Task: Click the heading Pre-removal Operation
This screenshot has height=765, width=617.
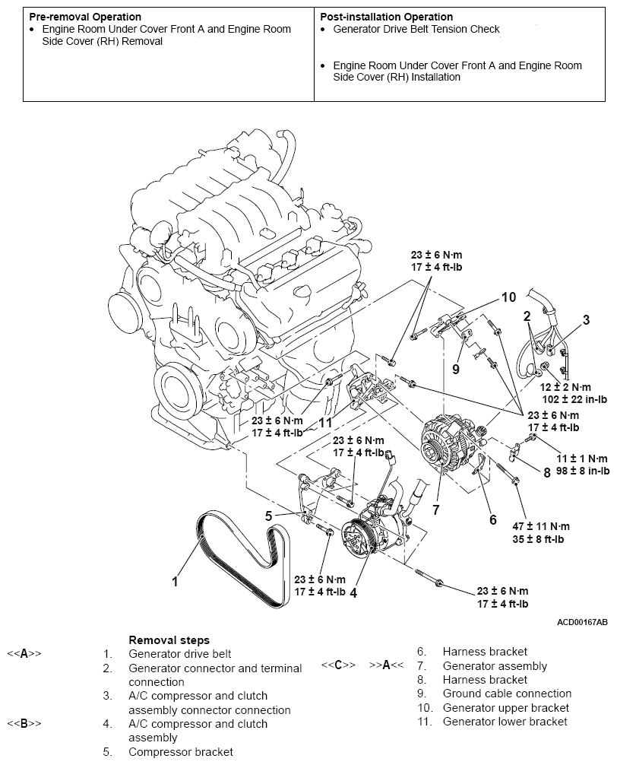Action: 84,17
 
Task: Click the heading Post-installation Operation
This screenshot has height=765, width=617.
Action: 386,17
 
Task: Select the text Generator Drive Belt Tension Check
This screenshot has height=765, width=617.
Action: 416,30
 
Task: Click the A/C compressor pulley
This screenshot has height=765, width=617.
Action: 356,538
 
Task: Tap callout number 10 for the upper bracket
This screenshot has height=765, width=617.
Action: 508,297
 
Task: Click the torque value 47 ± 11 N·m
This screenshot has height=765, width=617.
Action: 539,525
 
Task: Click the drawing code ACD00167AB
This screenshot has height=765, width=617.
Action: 582,622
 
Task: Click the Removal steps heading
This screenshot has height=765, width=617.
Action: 169,640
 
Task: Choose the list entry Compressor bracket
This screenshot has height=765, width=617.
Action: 181,752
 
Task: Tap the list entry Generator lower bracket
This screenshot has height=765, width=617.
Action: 505,721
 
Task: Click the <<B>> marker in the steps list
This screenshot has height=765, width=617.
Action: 24,723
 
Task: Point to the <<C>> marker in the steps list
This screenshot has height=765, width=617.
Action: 339,665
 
